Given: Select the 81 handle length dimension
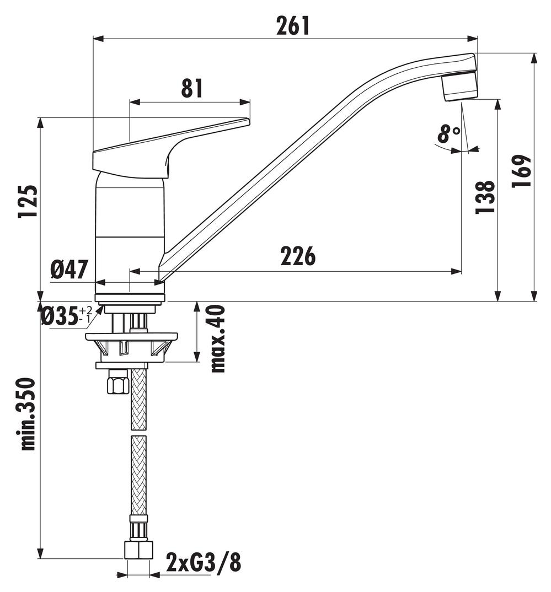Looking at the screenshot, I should [192, 88].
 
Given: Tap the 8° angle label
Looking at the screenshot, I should [448, 134].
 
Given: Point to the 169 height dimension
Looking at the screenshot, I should [521, 171].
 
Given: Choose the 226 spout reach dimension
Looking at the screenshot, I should [297, 256].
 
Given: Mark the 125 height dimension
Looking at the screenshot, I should [29, 201].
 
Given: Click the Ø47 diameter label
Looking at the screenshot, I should [69, 270].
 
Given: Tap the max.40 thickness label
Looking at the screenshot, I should [218, 338].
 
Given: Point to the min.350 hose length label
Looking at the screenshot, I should [28, 413].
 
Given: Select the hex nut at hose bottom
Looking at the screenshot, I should [138, 550].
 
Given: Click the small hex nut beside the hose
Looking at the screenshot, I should [118, 382].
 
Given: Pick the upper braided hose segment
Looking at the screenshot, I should [139, 400].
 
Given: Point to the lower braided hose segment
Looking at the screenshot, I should [139, 474].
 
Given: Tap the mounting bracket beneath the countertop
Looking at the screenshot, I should [131, 345].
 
